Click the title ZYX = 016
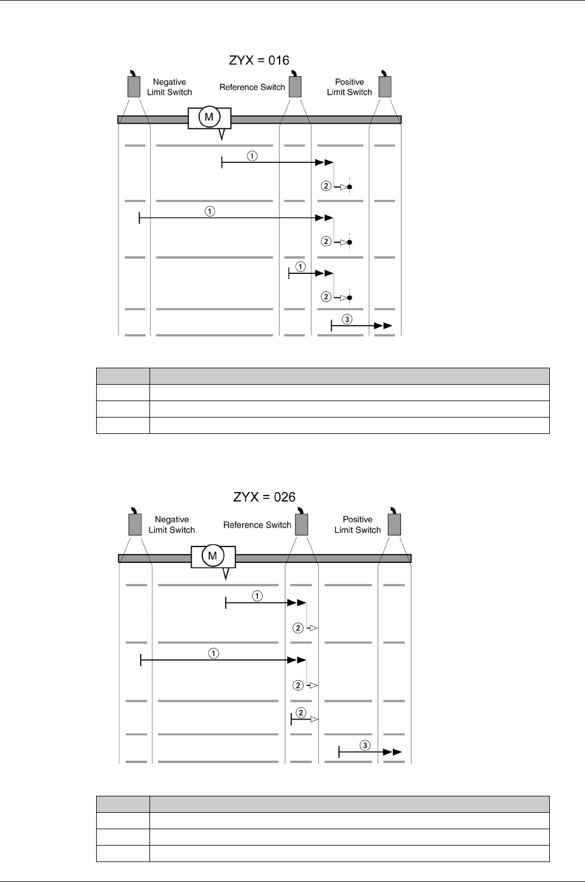tap(259, 60)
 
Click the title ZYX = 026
tap(264, 497)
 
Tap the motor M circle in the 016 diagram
tap(208, 118)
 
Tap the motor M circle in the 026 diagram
tap(213, 555)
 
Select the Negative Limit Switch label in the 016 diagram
tap(169, 87)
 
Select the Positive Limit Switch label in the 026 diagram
tap(358, 524)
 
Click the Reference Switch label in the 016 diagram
tap(252, 87)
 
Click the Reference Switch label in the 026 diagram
tap(257, 525)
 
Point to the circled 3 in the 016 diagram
tap(347, 319)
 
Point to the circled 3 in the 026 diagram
tap(365, 745)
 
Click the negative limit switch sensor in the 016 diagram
tap(134, 86)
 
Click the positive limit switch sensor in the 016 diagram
tap(385, 86)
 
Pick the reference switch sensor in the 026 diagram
tap(301, 523)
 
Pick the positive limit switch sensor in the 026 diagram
tap(394, 523)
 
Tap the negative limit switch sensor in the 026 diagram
tap(135, 523)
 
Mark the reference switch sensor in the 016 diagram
tap(294, 86)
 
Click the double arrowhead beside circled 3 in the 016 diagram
tap(383, 325)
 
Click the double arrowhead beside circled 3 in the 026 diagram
tap(393, 752)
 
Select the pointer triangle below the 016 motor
tap(222, 134)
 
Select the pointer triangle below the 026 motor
tap(226, 572)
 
